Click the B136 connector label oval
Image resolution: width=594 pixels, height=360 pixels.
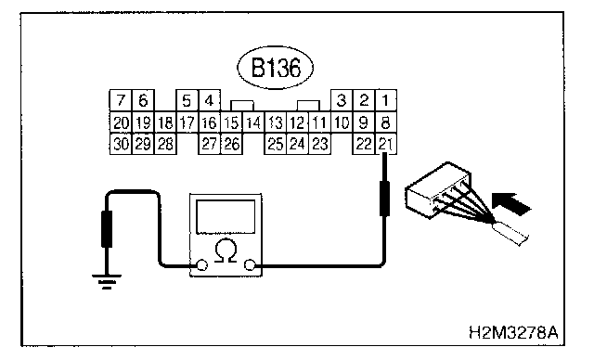tap(276, 68)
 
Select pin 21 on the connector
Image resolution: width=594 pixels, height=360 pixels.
tap(386, 144)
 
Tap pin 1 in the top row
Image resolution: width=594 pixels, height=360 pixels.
tap(386, 100)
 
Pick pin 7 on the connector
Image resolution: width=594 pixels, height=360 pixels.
tap(121, 100)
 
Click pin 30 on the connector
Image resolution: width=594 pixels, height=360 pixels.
tap(121, 144)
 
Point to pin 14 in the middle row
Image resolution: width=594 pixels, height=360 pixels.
tap(253, 122)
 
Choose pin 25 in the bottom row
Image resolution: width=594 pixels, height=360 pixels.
tap(276, 144)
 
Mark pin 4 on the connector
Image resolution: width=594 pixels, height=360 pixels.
tap(209, 100)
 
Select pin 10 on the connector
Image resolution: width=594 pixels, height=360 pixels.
tap(342, 122)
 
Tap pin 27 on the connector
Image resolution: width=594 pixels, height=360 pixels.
tap(209, 144)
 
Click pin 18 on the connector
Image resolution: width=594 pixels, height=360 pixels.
tap(165, 122)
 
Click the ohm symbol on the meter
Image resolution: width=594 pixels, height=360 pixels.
tap(226, 251)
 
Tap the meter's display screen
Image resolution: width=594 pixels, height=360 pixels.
tap(226, 217)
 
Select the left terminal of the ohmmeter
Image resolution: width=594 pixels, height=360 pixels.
tap(202, 265)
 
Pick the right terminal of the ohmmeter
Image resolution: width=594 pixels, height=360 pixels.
tap(250, 265)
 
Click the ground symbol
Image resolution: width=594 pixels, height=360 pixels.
tap(107, 281)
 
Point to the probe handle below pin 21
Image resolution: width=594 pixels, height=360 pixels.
tap(385, 199)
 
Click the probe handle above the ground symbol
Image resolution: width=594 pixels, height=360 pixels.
tap(107, 229)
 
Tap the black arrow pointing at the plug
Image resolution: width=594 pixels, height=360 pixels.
tap(511, 203)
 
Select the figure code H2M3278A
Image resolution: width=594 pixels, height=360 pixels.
tap(513, 333)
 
